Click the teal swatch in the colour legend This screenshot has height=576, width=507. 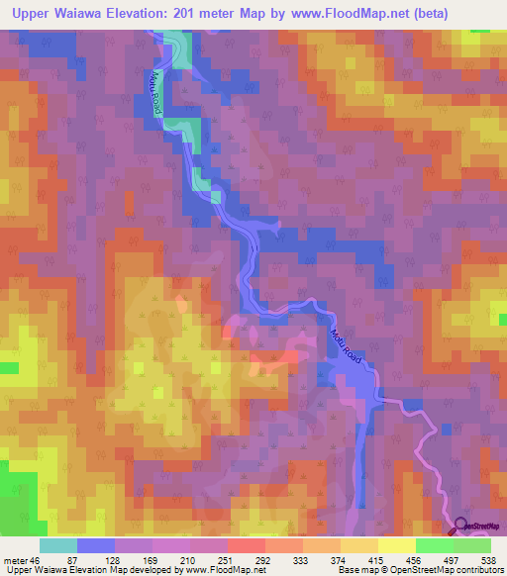tap(58, 544)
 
